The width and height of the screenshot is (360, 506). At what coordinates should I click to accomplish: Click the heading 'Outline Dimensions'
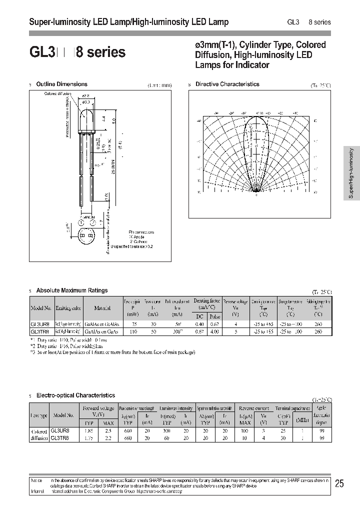(x=61, y=84)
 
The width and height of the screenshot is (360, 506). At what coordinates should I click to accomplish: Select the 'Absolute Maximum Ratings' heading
(x=72, y=290)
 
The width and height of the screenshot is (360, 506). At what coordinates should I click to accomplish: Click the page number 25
(x=339, y=483)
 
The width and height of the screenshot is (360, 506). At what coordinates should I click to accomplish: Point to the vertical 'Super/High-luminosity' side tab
(x=351, y=173)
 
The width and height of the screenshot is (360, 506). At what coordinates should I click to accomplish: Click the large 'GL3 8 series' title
(x=77, y=52)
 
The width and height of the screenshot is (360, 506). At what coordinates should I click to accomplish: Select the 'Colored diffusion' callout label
(x=57, y=94)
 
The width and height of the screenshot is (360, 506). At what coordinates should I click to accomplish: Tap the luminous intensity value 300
(x=165, y=430)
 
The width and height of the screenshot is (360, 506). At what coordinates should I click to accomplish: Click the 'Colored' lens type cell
(x=39, y=430)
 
